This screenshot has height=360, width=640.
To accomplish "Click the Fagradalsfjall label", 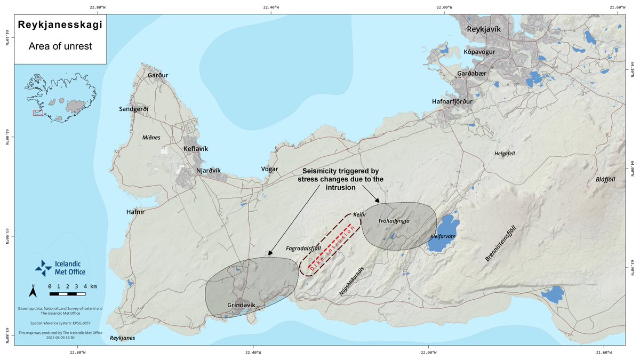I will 303,249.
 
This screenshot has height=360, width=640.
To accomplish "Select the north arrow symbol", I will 33,291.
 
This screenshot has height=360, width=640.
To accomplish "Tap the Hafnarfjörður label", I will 452,101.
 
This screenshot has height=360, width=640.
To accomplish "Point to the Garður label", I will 158,75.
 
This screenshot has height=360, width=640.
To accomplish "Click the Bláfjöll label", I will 605,180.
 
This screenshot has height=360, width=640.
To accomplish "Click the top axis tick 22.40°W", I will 271,7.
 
